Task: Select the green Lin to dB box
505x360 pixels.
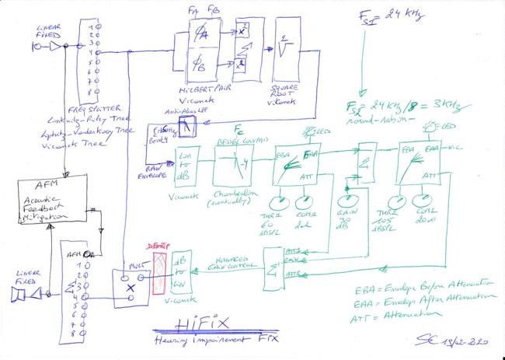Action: (189, 166)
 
